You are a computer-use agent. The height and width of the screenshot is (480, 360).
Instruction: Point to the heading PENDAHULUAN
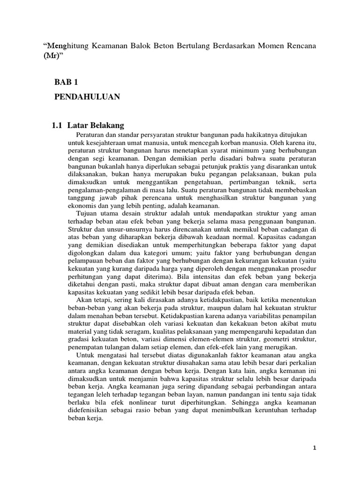(87, 97)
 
